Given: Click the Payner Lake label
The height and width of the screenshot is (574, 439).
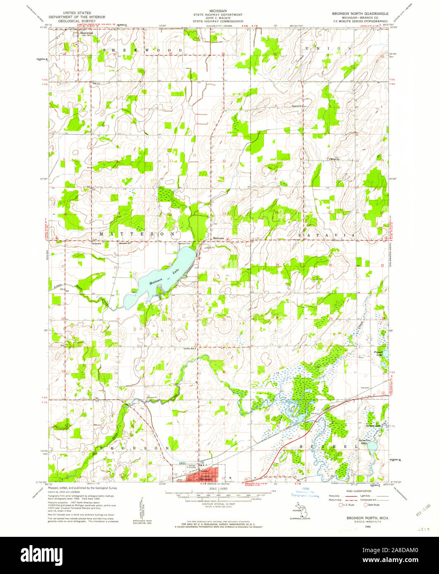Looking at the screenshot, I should [x=379, y=353].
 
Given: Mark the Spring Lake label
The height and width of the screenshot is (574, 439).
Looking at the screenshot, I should [x=372, y=425].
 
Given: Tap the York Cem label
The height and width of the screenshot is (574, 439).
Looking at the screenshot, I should [x=364, y=388].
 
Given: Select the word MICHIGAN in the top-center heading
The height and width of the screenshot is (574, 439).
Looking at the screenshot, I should [x=215, y=14].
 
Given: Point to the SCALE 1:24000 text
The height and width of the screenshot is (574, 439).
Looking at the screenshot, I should [x=219, y=488].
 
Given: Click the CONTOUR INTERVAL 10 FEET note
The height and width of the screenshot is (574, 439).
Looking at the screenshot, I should [x=219, y=504].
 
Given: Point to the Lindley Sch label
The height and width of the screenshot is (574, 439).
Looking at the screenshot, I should [x=189, y=349].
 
